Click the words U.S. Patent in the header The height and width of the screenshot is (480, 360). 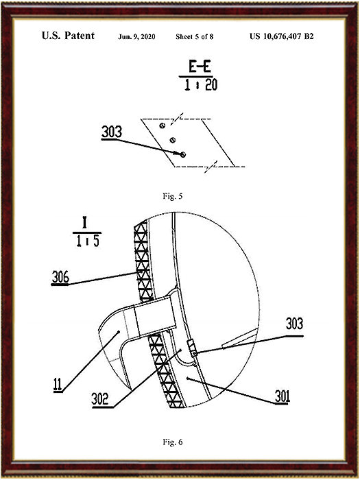click(x=68, y=36)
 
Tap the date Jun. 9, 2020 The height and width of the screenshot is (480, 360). click(x=136, y=37)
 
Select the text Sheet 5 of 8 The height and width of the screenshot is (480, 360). click(x=194, y=37)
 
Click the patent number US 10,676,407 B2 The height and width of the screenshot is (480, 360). click(x=282, y=36)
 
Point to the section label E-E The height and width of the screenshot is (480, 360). click(x=200, y=66)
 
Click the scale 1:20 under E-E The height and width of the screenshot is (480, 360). click(x=201, y=85)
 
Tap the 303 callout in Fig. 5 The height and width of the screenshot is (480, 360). click(x=112, y=132)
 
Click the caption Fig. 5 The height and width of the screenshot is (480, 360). click(x=173, y=196)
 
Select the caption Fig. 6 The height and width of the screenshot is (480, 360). click(x=173, y=442)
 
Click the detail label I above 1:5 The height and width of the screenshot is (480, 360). click(x=85, y=223)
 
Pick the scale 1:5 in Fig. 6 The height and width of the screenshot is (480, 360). click(x=88, y=241)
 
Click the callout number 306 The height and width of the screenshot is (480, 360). click(x=60, y=277)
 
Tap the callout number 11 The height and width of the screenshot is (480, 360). click(x=58, y=385)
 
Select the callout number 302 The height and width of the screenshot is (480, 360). click(x=100, y=399)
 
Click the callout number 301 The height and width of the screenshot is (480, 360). click(x=283, y=396)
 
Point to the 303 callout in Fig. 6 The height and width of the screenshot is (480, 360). click(x=294, y=324)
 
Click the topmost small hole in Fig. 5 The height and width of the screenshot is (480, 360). click(x=163, y=125)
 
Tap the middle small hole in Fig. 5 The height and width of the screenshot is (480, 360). click(x=173, y=140)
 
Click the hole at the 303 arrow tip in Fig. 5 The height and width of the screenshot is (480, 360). click(x=183, y=154)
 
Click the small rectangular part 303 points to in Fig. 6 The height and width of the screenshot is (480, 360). click(x=191, y=348)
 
